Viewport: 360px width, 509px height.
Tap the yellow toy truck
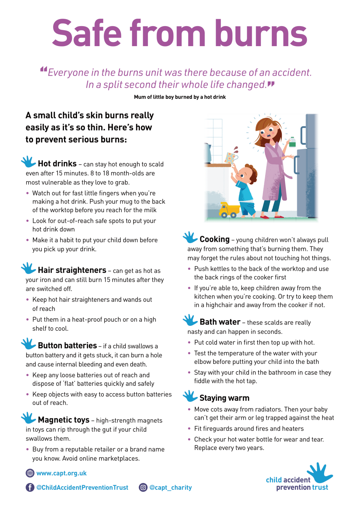229,210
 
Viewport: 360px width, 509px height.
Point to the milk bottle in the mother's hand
292,142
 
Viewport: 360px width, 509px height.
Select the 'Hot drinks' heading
57,164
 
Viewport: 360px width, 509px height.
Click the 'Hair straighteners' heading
72,270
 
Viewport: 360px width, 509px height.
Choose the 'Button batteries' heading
67,346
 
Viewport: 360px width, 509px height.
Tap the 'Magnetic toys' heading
63,420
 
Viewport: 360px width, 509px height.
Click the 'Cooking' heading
215,240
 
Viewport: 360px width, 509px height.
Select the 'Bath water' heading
220,322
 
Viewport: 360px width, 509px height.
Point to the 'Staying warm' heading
224,398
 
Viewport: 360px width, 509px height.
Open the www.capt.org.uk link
61,473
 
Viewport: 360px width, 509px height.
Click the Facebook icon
30,487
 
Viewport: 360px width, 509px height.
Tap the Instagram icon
143,487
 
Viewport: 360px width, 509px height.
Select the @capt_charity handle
171,488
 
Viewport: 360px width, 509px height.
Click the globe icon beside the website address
30,473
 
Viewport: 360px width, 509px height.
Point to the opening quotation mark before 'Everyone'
44,69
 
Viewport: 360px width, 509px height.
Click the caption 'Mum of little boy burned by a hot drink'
180,97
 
